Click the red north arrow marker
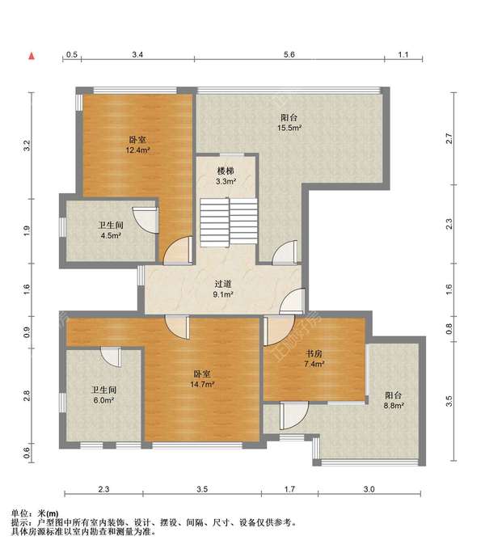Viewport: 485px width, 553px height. coord(32,56)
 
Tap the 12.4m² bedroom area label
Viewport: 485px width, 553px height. coord(138,150)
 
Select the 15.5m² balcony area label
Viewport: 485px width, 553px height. coord(289,128)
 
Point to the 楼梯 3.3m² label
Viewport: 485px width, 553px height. coord(226,176)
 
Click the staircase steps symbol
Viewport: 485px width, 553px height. coord(229,222)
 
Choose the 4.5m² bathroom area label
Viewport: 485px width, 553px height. coord(111,235)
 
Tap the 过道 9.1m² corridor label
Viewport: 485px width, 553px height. coord(223,289)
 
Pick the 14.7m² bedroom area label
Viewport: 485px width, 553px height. coord(202,384)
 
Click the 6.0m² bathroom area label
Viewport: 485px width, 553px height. coord(103,400)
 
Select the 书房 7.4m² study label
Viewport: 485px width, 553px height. coord(314,358)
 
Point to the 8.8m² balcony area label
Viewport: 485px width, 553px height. coord(394,406)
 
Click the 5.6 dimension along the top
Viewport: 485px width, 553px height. coord(289,55)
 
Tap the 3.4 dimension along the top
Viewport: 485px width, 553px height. coord(137,55)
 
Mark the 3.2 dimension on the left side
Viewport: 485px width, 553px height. coord(27,146)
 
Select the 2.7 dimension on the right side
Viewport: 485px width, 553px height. coord(449,138)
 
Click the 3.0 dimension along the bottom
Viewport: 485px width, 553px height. coord(369,489)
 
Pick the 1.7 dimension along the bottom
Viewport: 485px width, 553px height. coord(289,489)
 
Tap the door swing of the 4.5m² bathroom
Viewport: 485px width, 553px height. coord(145,220)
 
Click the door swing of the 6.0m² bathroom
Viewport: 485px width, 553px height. coord(111,357)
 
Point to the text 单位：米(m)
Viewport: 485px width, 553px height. coord(35,514)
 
